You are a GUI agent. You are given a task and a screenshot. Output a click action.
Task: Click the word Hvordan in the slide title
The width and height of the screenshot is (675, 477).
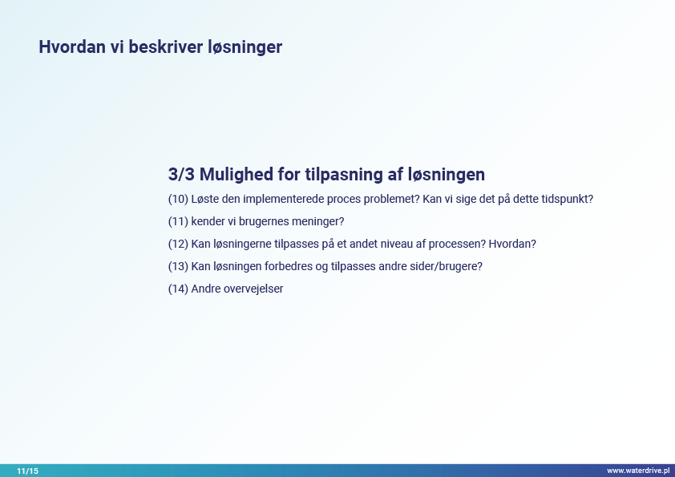pyautogui.click(x=72, y=47)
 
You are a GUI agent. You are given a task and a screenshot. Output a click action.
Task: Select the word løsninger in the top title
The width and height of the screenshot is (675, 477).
pyautogui.click(x=245, y=48)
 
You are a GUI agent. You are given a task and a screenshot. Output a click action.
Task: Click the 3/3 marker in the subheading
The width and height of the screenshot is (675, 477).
pyautogui.click(x=181, y=174)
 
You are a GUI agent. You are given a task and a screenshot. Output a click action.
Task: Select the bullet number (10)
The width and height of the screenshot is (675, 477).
pyautogui.click(x=178, y=199)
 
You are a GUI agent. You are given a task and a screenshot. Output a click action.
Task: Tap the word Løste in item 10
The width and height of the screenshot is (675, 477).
pyautogui.click(x=205, y=199)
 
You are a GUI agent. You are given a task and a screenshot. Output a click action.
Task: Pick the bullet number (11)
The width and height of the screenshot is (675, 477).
pyautogui.click(x=178, y=221)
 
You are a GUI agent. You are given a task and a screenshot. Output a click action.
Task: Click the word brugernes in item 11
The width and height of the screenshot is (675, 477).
pyautogui.click(x=265, y=222)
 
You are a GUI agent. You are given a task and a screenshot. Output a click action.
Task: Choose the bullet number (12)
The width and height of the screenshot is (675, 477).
pyautogui.click(x=178, y=244)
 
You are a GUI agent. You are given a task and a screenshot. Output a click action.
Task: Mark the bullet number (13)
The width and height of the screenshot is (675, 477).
pyautogui.click(x=178, y=266)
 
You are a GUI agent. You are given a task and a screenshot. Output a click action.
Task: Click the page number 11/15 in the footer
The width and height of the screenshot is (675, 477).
pyautogui.click(x=27, y=471)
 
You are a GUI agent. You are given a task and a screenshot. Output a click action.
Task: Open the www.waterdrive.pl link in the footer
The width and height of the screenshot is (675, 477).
pyautogui.click(x=638, y=471)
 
